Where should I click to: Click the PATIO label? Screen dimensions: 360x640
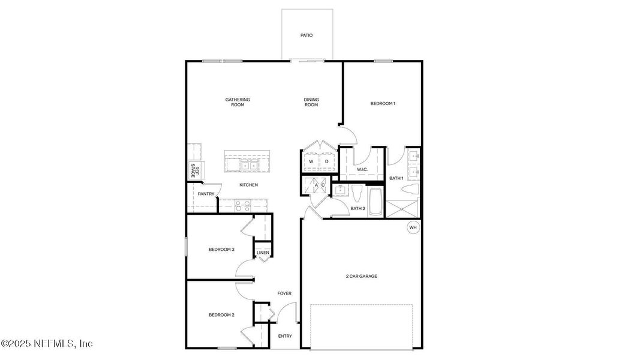click(307, 35)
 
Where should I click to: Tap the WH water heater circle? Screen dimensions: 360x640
click(413, 227)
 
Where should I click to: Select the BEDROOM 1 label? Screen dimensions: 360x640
click(383, 104)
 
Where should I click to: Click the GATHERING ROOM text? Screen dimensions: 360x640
click(238, 102)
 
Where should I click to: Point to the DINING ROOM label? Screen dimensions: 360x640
click(311, 102)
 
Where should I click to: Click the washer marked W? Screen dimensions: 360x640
click(311, 161)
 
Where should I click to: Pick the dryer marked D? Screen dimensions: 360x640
click(327, 161)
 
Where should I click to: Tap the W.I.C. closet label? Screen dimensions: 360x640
click(362, 170)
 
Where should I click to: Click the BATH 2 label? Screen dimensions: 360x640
click(357, 208)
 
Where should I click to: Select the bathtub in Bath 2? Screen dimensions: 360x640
click(375, 203)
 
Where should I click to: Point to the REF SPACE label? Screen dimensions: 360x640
click(193, 170)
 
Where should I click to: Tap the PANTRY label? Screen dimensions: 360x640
click(206, 194)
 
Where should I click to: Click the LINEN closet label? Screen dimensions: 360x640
click(263, 253)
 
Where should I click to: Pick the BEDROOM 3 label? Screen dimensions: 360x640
click(221, 250)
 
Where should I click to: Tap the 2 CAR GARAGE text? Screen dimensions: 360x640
click(362, 277)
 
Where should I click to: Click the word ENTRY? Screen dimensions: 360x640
click(285, 336)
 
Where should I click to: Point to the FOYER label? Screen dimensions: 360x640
click(284, 293)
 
